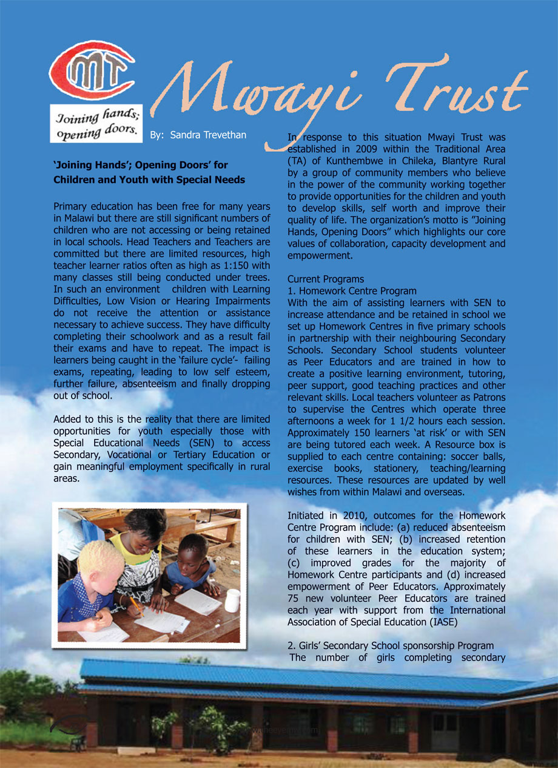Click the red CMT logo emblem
point(92,70)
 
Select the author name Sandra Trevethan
point(208,135)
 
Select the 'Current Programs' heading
point(326,279)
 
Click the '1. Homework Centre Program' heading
point(352,291)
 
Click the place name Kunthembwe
point(341,161)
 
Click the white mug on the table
point(232,600)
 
